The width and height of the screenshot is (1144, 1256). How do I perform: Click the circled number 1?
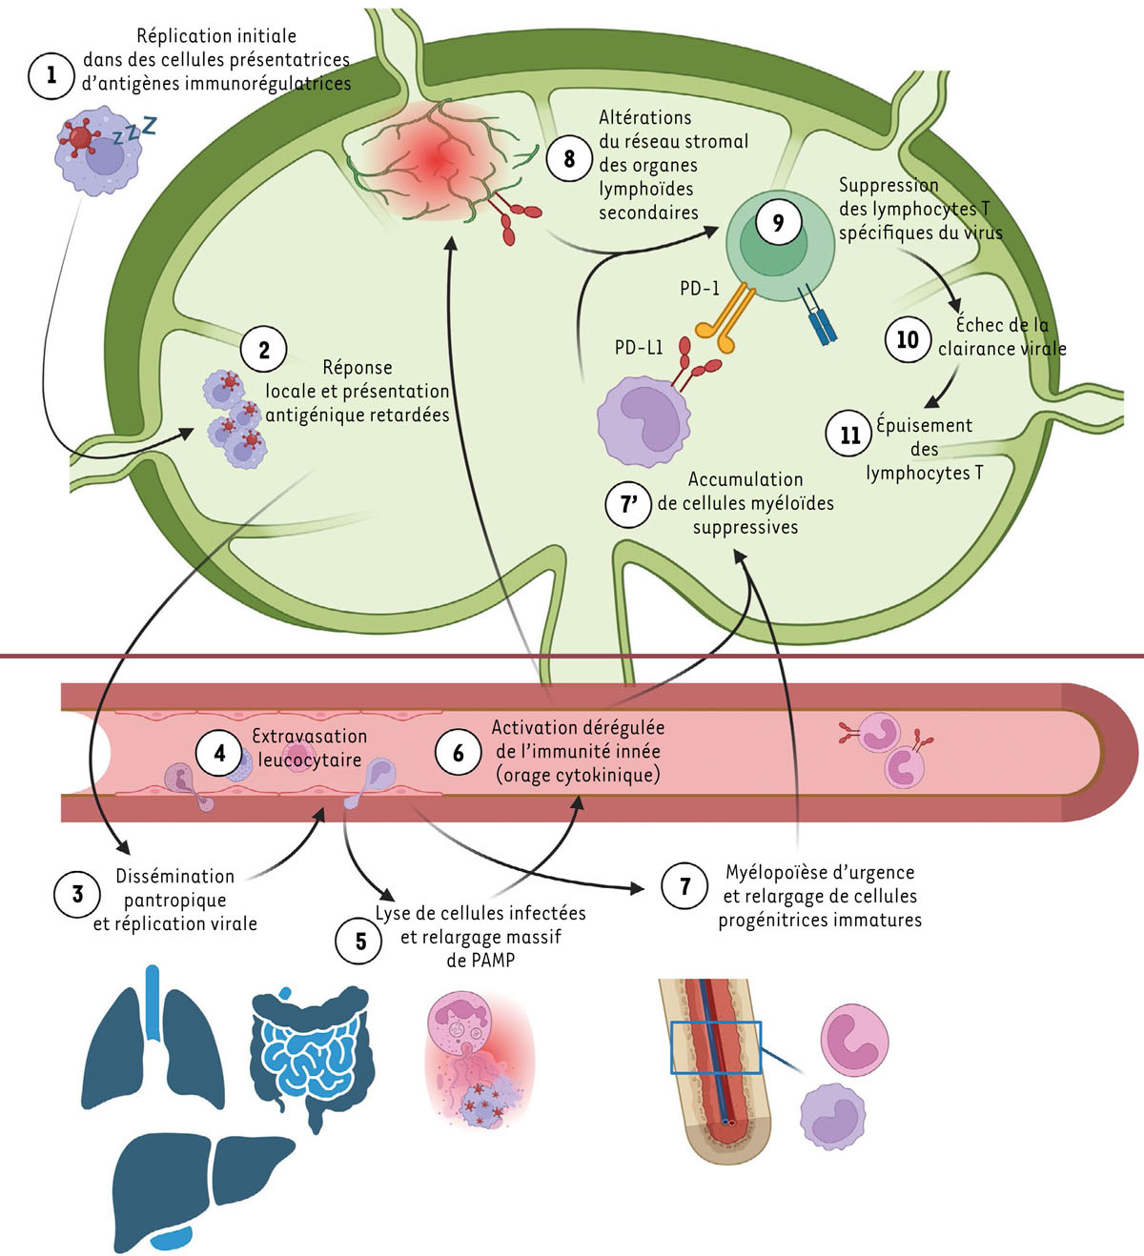(x=51, y=75)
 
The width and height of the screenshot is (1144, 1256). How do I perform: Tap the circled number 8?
(x=569, y=157)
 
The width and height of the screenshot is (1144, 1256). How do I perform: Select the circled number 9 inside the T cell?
(x=778, y=223)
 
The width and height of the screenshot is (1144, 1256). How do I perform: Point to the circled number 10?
(x=907, y=339)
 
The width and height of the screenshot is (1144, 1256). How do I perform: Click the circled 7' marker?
(x=629, y=504)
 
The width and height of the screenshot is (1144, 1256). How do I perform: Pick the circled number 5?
(x=360, y=942)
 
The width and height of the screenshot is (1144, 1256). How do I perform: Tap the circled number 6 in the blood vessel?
(x=458, y=753)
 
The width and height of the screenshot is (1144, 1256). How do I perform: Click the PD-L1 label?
(x=638, y=348)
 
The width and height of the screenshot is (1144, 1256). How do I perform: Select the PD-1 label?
(x=699, y=288)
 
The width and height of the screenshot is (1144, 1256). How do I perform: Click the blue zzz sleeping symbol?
(x=133, y=131)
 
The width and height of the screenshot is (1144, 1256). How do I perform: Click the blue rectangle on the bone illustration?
(x=715, y=1047)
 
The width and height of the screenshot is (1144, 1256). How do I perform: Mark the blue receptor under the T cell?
(x=820, y=315)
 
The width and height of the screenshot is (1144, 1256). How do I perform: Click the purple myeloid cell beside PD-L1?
(x=642, y=420)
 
